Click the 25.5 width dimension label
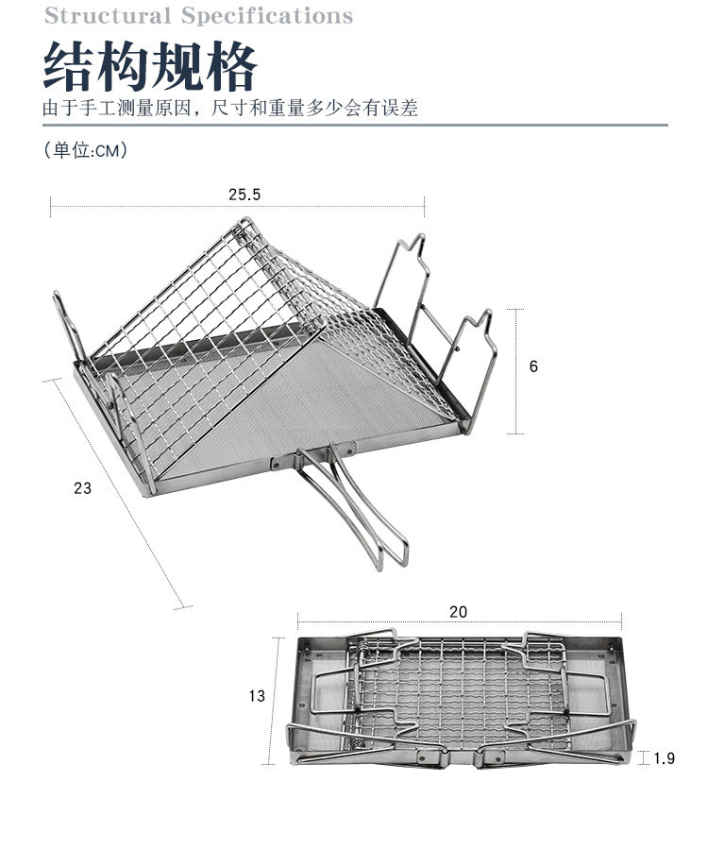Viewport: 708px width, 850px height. click(244, 195)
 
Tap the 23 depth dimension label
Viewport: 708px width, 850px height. click(83, 488)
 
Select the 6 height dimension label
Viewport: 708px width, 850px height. click(533, 366)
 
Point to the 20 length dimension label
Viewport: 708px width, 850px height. click(458, 612)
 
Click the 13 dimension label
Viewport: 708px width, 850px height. click(257, 696)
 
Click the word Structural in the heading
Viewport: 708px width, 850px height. click(107, 16)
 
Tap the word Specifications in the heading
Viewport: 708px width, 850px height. click(266, 16)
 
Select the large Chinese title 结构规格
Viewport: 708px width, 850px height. click(151, 65)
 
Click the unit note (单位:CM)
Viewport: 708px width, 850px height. click(85, 150)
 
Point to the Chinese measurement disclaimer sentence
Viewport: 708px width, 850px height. click(230, 108)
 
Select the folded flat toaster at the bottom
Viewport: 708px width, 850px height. click(460, 700)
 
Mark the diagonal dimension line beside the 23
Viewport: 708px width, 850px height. click(115, 491)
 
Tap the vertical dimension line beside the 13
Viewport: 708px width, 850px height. click(277, 700)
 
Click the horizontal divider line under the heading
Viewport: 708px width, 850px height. click(354, 125)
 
